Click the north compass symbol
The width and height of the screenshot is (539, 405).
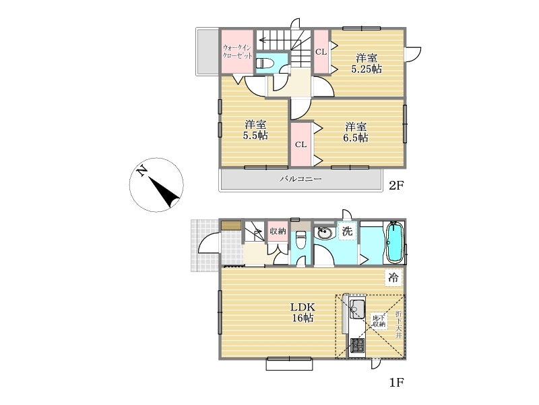click(156, 185)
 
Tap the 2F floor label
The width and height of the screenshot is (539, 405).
click(396, 186)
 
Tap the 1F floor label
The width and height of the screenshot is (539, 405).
click(396, 382)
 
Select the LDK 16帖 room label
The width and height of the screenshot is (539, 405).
click(303, 313)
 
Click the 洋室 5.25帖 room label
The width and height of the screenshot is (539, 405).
click(366, 63)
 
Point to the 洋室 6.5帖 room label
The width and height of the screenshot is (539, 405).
click(356, 132)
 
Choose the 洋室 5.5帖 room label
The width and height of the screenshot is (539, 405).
click(255, 130)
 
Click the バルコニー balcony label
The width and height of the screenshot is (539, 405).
click(300, 179)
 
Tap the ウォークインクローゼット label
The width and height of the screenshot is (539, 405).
click(238, 51)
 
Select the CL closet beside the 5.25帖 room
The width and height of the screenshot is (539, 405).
click(321, 52)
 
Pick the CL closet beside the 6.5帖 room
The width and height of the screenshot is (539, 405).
click(300, 144)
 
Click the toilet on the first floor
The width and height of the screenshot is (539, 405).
click(301, 240)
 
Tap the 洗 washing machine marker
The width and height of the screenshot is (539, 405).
click(347, 231)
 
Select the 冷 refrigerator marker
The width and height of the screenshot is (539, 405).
click(393, 277)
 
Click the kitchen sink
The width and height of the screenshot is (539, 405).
click(358, 309)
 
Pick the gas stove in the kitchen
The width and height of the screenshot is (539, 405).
click(358, 346)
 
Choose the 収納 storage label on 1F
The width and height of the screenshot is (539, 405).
click(278, 231)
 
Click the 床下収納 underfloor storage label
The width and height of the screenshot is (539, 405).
click(379, 321)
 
